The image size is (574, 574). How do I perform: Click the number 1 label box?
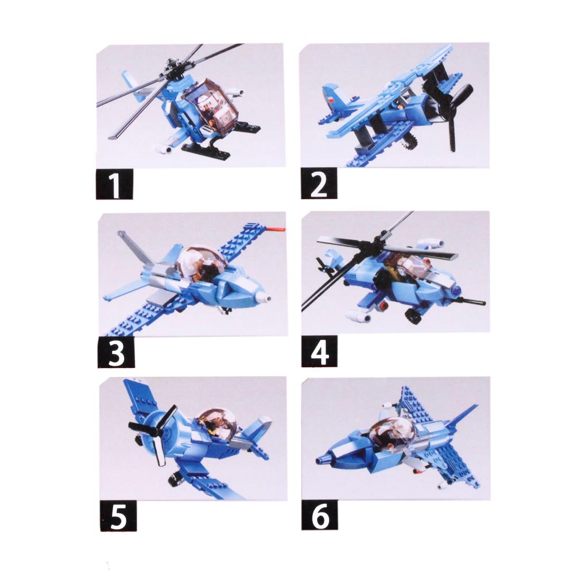coord(114,184)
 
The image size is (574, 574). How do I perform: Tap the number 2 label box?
coord(319,184)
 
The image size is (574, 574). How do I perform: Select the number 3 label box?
coord(116,352)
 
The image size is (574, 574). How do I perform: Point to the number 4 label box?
coord(320,351)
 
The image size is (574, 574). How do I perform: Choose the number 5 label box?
coord(118,516)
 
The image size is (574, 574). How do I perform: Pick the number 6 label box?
coord(320,515)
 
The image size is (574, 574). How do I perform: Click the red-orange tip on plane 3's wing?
coord(277,230)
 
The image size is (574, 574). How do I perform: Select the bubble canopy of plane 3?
coord(202,263)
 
